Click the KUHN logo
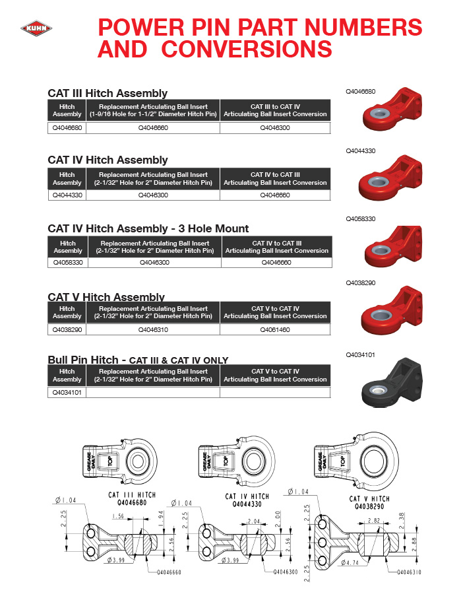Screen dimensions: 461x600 pyautogui.click(x=36, y=28)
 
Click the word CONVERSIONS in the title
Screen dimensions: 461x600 pyautogui.click(x=247, y=49)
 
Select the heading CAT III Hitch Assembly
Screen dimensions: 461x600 pyautogui.click(x=108, y=93)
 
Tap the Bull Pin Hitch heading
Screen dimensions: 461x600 pyautogui.click(x=83, y=360)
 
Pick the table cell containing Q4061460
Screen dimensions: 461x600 pyautogui.click(x=275, y=329)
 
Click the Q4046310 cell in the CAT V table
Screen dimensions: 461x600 pyautogui.click(x=153, y=329)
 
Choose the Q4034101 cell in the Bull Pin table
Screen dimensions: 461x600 pyautogui.click(x=67, y=392)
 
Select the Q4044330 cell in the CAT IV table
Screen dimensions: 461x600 pyautogui.click(x=67, y=195)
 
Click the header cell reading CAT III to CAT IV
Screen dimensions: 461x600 pyautogui.click(x=275, y=110)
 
